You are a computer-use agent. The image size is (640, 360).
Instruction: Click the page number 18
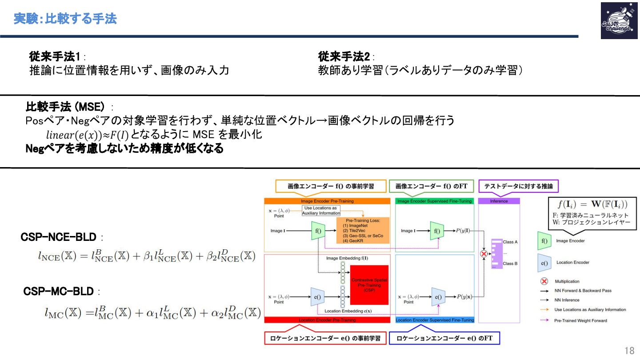(629, 351)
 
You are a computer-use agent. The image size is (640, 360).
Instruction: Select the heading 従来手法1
(54, 57)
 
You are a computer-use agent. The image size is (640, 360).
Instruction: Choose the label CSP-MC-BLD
(58, 292)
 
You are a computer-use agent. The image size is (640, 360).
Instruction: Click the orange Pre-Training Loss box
(363, 230)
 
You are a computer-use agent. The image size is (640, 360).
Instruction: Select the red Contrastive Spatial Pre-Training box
(369, 284)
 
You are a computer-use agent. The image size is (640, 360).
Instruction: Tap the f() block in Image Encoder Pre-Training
(319, 231)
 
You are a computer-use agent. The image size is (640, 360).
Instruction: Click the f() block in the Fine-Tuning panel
(437, 231)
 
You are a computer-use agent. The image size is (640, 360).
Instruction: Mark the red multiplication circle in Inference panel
(484, 254)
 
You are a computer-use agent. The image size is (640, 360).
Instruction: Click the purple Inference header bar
(499, 201)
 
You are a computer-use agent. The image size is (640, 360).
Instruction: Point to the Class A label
(510, 242)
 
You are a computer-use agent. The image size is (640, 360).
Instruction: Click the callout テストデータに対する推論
(518, 186)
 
